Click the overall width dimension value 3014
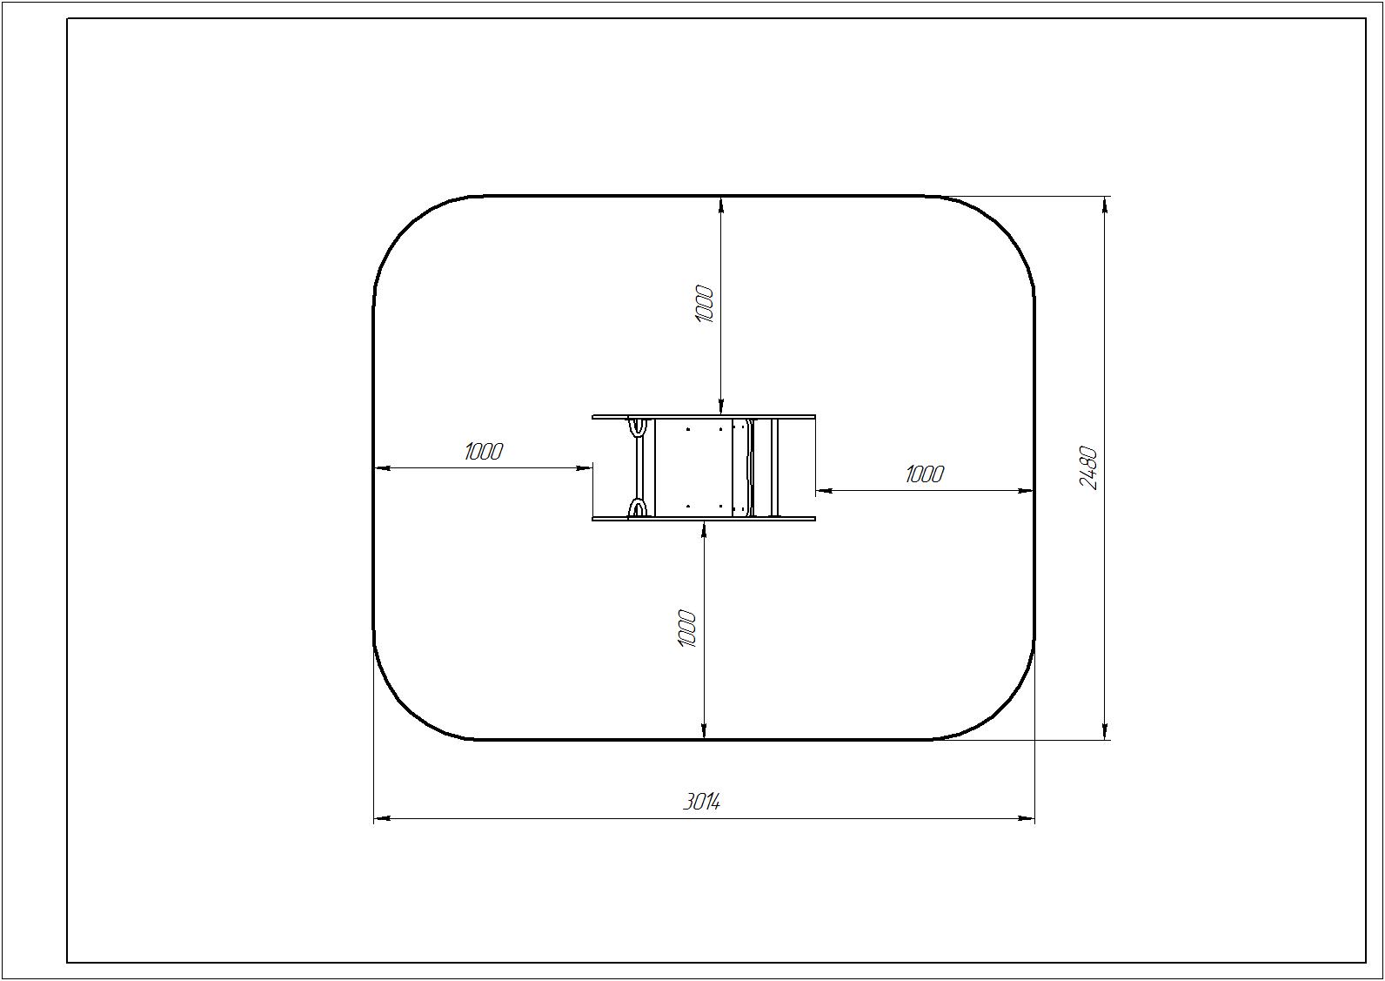[701, 803]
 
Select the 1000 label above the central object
[705, 304]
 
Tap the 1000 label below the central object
[687, 628]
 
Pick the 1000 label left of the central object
[483, 452]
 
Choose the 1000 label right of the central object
[925, 474]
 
